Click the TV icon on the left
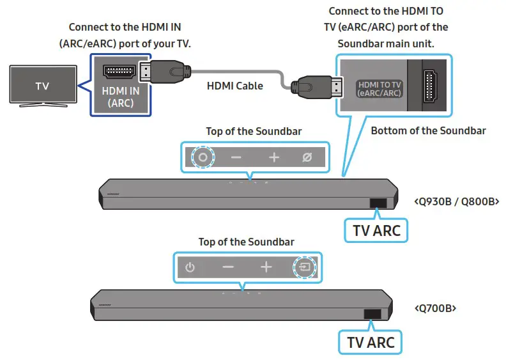42,86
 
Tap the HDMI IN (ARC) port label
121,97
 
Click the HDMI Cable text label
234,86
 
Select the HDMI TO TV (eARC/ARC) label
379,88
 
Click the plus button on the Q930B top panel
274,157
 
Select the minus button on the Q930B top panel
236,157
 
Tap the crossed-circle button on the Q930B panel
307,157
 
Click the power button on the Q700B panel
190,267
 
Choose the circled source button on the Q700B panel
304,267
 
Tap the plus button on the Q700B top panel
266,267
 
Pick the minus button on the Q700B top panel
228,267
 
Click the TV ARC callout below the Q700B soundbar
371,341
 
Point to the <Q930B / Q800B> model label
456,201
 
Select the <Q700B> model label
435,308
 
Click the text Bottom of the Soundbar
428,130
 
